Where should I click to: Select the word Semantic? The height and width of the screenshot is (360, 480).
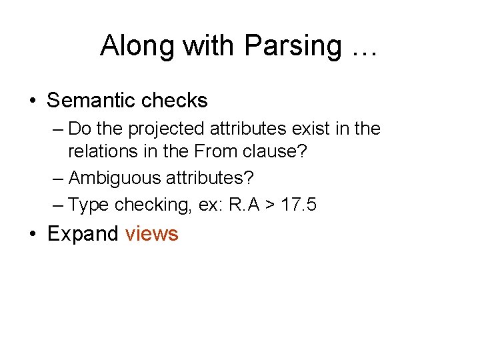coord(88,101)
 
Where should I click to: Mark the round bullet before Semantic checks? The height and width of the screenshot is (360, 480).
coord(33,101)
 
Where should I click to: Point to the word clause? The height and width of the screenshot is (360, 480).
coord(272,152)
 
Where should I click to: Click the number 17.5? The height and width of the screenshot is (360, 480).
coord(299,205)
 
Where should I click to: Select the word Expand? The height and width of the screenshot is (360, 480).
coord(83,234)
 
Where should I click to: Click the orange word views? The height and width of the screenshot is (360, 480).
coord(151,234)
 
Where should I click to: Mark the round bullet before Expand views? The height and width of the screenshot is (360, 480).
coord(33,235)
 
